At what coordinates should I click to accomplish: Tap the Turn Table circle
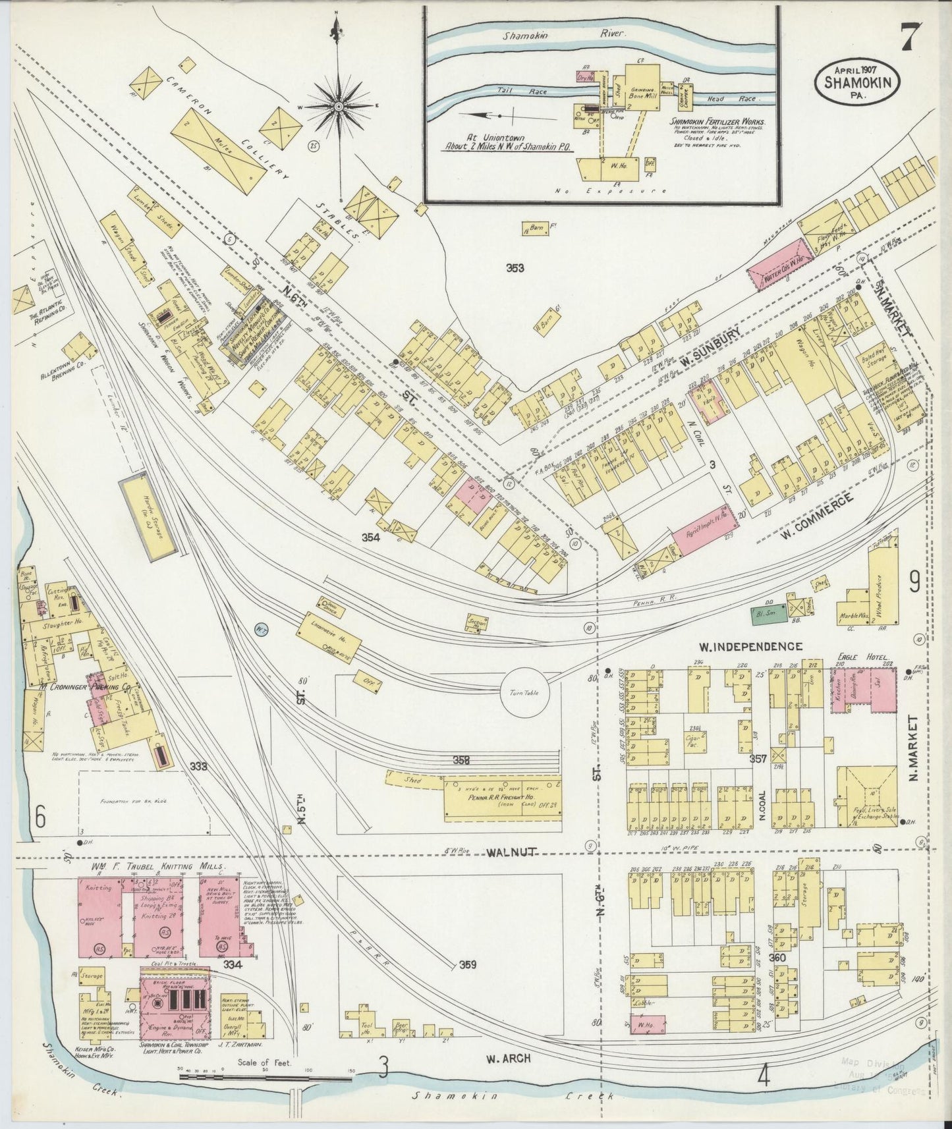pos(524,694)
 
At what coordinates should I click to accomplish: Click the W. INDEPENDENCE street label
pos(750,647)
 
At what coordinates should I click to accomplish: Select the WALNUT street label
pos(509,853)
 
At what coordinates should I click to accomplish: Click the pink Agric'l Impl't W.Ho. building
pos(703,528)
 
